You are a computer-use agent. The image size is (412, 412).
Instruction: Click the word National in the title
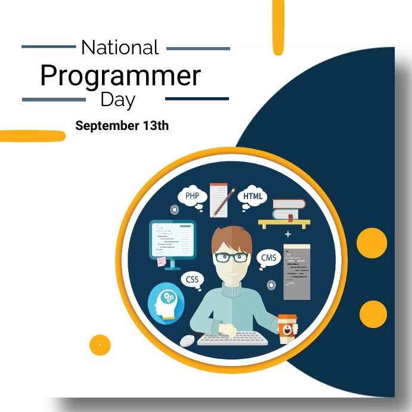tap(120, 47)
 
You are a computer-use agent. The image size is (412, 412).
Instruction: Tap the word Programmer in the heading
tap(120, 76)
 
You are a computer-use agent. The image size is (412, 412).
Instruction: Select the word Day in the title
tap(117, 99)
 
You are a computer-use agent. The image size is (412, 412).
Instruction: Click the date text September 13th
tap(122, 126)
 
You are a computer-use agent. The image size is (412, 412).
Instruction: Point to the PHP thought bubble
tap(192, 196)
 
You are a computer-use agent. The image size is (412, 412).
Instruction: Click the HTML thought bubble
tap(253, 196)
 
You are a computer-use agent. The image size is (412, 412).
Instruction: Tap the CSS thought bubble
tap(192, 279)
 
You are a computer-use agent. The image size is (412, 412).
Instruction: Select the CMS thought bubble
tap(269, 258)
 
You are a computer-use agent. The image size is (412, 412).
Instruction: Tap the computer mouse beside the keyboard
tap(188, 340)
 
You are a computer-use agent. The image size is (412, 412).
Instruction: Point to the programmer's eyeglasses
tap(231, 258)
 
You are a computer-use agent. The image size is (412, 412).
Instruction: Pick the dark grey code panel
tap(296, 271)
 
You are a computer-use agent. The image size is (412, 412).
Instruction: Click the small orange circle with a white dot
tap(100, 344)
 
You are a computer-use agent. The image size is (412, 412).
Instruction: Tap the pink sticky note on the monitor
tap(162, 261)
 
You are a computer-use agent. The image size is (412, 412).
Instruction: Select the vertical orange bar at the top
tap(278, 27)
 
